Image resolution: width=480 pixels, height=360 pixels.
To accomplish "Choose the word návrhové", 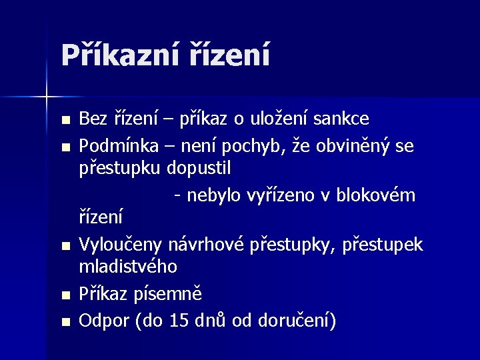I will tap(206, 245).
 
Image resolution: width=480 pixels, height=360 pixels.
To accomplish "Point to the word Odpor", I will tap(105, 320).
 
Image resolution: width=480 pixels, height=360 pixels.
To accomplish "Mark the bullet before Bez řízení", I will tap(64, 121).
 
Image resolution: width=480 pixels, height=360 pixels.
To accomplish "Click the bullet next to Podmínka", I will tap(64, 146).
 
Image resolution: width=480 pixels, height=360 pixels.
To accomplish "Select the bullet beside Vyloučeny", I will tap(64, 246).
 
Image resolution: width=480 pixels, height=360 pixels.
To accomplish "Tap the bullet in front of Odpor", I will tap(64, 321).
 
